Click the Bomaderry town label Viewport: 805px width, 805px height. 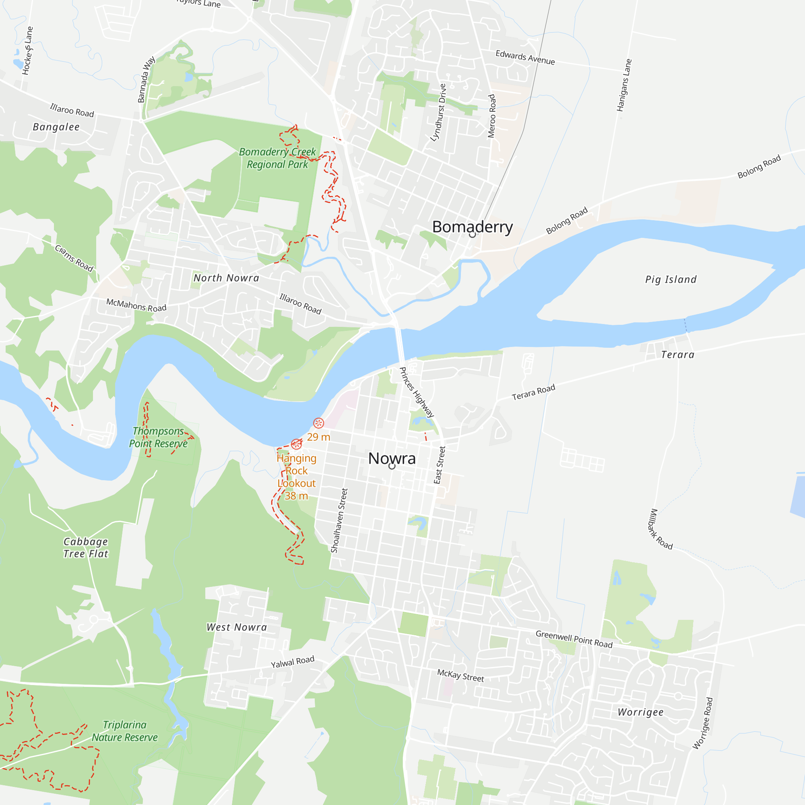click(472, 227)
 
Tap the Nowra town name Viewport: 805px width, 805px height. click(392, 458)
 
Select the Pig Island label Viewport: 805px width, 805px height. click(671, 279)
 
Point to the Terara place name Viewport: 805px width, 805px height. click(677, 355)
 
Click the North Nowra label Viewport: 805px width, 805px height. click(226, 278)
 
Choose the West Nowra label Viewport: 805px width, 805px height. click(236, 627)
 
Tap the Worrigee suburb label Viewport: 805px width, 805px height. click(640, 712)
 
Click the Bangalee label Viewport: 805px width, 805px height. click(56, 127)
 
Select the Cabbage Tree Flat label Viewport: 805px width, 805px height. click(86, 547)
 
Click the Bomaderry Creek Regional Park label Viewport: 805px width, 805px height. click(277, 158)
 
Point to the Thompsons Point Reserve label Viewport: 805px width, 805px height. click(158, 437)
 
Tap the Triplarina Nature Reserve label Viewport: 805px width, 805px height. click(125, 731)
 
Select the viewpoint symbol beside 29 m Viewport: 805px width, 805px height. click(318, 423)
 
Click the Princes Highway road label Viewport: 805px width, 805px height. click(416, 392)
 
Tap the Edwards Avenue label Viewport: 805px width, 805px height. click(525, 58)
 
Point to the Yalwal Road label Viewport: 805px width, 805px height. click(293, 662)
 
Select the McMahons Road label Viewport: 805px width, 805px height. click(136, 305)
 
